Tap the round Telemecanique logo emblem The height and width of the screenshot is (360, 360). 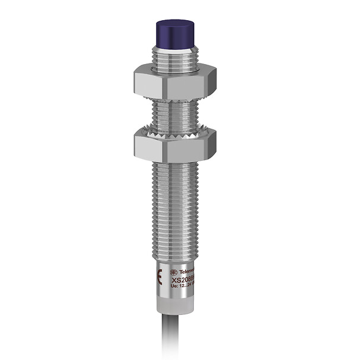(174, 268)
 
